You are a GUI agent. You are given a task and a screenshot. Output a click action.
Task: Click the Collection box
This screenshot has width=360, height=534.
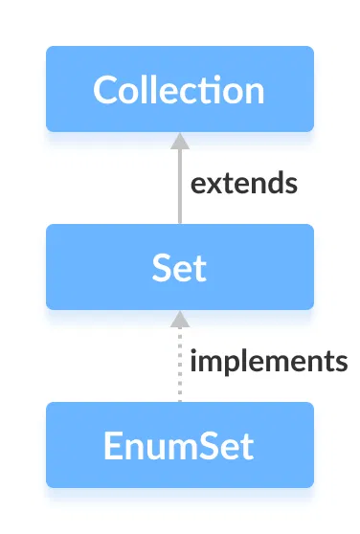[179, 89]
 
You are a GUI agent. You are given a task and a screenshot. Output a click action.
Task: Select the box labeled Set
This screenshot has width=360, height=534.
[179, 267]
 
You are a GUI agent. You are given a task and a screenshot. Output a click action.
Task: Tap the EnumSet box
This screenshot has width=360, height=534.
[179, 445]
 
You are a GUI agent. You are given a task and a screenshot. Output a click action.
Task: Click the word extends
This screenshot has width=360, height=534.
[243, 184]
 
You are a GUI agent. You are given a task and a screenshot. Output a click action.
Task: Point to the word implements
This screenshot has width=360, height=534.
[268, 362]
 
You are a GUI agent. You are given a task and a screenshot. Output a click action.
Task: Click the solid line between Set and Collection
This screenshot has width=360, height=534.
[179, 191]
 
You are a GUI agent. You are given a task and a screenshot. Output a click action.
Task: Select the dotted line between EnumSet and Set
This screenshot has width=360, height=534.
[179, 368]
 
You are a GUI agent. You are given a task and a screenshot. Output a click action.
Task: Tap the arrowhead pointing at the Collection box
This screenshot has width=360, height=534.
[179, 141]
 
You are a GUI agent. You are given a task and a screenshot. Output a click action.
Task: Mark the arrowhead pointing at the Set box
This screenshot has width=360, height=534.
[179, 319]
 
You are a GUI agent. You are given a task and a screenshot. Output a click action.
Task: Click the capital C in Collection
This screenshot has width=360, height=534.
[106, 90]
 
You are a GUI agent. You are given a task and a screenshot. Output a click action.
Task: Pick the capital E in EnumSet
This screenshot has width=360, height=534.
[117, 446]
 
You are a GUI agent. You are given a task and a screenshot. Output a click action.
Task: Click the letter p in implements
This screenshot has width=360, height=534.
[228, 365]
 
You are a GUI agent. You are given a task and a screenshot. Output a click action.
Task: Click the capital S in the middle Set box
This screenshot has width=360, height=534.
[161, 268]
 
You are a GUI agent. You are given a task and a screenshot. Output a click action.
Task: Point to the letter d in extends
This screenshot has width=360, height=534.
[274, 183]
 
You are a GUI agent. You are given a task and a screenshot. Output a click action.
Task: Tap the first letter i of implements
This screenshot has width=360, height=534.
[194, 361]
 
